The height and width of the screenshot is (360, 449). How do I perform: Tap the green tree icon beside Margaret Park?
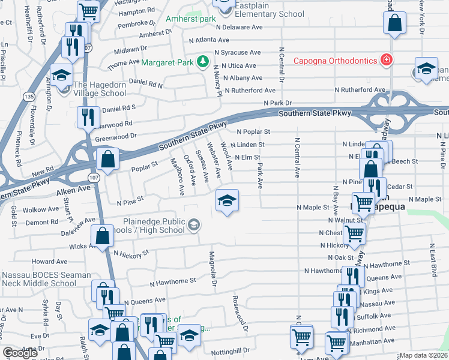[x=203, y=62]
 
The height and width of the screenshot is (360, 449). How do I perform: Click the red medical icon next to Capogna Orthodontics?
[x=387, y=60]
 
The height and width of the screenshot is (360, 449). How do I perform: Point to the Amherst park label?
[x=190, y=19]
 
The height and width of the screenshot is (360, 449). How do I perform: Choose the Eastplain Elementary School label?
[x=269, y=13]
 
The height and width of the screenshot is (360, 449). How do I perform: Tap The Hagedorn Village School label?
[x=100, y=89]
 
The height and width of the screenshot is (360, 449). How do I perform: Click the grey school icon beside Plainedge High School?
[x=193, y=225]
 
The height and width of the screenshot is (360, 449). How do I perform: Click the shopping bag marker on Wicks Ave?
[x=103, y=236]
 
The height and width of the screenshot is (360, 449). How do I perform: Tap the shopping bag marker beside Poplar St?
[x=107, y=160]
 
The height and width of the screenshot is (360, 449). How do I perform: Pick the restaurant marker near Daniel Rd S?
[x=88, y=117]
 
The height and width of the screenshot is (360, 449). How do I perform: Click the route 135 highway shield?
[x=29, y=95]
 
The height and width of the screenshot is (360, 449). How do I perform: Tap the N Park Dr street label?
[x=278, y=103]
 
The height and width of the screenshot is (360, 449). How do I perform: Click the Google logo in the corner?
[x=20, y=353]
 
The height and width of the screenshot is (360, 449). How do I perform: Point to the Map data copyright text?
[x=424, y=355]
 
